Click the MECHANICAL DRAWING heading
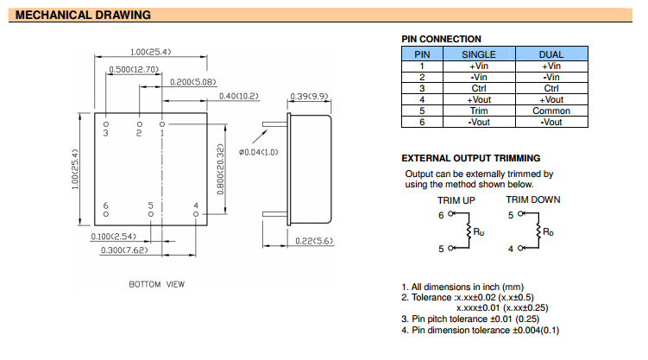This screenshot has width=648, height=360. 84,16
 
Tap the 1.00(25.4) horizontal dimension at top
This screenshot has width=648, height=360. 150,52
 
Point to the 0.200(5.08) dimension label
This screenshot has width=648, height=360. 192,81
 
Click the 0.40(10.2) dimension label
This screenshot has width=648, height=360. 239,95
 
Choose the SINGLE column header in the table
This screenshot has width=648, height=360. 479,54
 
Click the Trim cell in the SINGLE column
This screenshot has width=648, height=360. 479,111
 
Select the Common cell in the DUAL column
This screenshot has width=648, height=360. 550,111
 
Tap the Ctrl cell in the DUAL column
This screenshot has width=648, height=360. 550,88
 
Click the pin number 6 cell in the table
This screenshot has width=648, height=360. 422,122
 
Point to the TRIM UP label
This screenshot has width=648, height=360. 456,199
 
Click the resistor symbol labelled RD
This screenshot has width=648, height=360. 537,231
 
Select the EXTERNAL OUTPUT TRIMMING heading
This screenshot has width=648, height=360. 471,158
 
